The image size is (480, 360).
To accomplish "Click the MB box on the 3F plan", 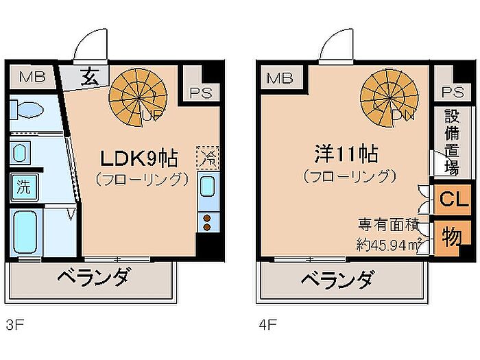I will click(31, 77).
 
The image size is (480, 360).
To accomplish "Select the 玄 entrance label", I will click(91, 75).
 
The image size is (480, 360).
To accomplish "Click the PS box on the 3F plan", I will click(197, 91).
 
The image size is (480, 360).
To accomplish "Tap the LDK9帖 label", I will click(140, 159).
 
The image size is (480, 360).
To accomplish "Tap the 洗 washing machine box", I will click(23, 186).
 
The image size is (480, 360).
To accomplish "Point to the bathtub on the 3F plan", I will click(26, 233).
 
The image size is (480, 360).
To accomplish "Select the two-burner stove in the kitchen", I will click(206, 222).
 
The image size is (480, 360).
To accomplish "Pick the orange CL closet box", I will click(450, 200).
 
